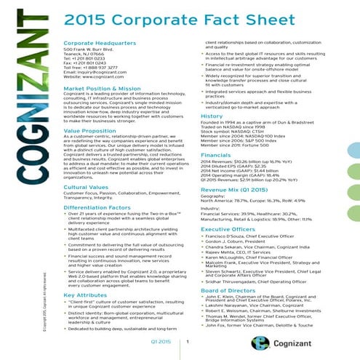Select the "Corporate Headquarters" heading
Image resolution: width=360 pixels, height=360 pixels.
pos(92,44)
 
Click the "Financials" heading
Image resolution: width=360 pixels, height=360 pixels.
pos(215,155)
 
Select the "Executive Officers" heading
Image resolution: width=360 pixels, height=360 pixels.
pos(225,228)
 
